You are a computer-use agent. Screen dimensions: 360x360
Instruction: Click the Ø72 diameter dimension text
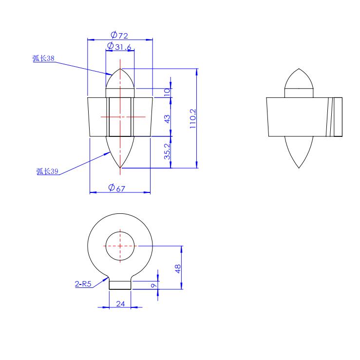pos(120,35)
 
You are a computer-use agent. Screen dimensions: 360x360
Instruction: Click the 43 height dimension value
pos(167,118)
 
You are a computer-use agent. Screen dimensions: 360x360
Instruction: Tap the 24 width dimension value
pos(120,303)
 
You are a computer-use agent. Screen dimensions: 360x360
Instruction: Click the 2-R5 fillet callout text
pos(83,284)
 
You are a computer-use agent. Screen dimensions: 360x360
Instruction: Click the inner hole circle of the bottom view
pos(120,246)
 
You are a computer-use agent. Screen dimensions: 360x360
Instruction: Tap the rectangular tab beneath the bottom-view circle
pos(120,284)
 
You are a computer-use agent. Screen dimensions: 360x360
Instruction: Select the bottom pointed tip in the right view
pos(299,161)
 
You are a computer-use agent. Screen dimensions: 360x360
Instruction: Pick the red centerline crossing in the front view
pos(120,117)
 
